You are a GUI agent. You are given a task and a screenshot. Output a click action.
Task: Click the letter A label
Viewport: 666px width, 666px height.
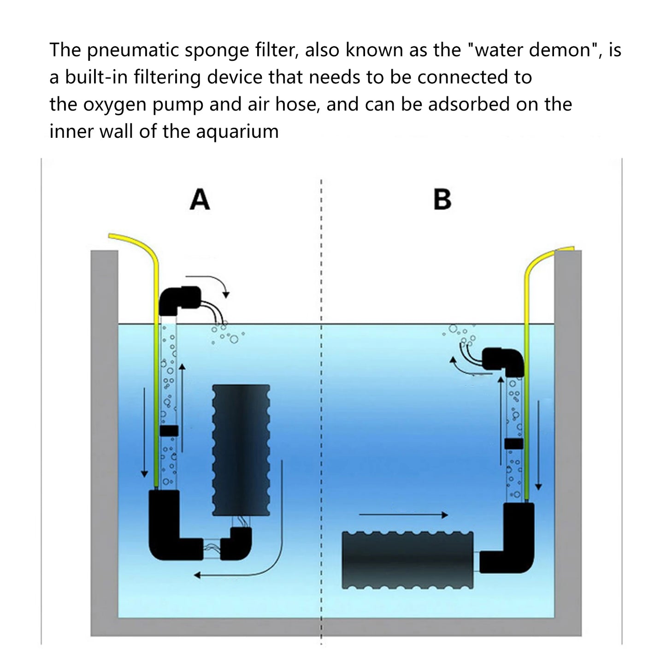tap(200, 200)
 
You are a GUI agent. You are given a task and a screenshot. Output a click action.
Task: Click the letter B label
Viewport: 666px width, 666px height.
tap(442, 200)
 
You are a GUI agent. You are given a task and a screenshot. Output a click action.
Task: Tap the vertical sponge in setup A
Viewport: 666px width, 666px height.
tap(241, 449)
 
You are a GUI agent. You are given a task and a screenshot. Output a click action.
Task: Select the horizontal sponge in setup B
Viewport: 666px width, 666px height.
tap(407, 560)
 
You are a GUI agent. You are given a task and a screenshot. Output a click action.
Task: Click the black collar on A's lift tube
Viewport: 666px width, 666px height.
tap(169, 431)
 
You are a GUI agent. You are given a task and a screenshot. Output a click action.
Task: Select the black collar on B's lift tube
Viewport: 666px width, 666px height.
tap(513, 443)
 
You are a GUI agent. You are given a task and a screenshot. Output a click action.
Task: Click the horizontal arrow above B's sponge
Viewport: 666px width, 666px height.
tap(403, 515)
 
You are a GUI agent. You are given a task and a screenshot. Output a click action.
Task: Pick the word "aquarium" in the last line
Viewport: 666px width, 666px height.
tap(237, 132)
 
